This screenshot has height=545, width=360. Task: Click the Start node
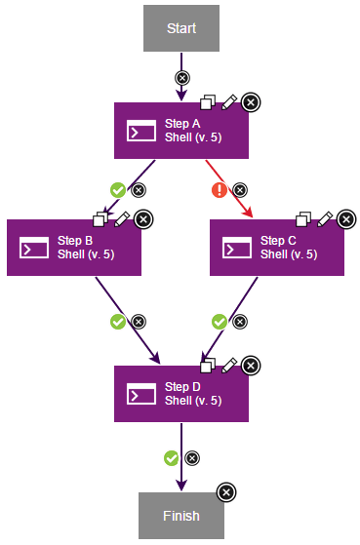[180, 28]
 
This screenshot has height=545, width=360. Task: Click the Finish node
[180, 516]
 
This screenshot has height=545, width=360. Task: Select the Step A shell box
[180, 131]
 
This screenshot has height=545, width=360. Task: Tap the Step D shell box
[180, 393]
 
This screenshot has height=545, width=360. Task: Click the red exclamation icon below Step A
[220, 189]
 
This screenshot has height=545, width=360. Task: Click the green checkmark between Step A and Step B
[118, 189]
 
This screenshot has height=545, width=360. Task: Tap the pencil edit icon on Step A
[229, 100]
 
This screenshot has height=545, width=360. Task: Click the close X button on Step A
[251, 101]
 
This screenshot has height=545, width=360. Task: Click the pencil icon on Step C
[325, 218]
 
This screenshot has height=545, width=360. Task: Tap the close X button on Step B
[142, 218]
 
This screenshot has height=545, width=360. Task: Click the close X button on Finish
[225, 492]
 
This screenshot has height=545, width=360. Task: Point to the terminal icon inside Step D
[142, 393]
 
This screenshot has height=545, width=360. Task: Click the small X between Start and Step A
[181, 77]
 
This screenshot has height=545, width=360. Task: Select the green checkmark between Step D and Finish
[172, 456]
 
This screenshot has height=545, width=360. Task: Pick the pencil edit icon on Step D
[229, 364]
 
